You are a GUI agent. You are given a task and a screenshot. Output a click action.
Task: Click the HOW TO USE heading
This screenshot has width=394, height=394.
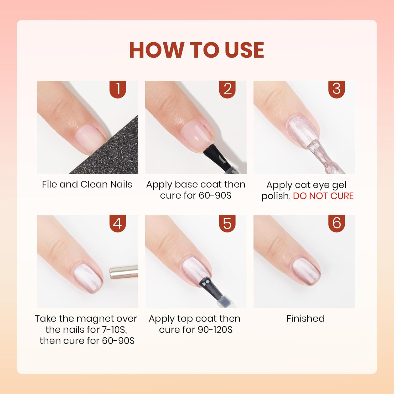196,50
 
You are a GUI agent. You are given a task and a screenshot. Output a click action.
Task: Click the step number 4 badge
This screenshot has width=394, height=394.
118,223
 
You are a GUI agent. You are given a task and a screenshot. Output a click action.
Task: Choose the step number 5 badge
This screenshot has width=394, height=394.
227,223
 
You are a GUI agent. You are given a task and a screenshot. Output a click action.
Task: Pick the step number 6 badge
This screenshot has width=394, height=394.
336,223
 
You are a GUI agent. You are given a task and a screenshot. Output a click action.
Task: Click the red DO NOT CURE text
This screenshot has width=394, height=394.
323,196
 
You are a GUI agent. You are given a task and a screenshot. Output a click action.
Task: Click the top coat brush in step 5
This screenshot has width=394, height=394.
210,289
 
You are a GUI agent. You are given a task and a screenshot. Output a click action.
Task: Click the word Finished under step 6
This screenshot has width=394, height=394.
305,318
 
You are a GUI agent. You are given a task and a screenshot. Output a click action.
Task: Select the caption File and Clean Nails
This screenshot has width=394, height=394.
87,184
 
